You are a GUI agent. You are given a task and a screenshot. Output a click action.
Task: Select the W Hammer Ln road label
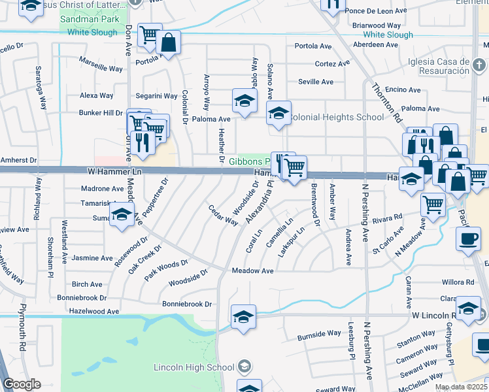[114, 171]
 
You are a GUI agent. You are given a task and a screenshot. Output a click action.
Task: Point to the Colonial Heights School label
[335, 118]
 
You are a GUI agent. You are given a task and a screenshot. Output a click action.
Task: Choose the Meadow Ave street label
[252, 270]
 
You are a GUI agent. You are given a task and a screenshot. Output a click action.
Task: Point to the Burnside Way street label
[319, 334]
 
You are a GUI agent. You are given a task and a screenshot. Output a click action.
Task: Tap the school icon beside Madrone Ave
[122, 214]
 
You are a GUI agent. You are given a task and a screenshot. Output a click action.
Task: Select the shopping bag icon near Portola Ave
[168, 43]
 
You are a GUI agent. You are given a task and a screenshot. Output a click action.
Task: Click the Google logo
[22, 384]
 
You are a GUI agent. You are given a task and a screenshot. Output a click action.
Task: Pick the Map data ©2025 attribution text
[461, 387]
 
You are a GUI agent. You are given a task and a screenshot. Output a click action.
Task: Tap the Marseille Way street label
[101, 68]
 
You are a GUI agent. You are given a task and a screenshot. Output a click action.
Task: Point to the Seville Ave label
[316, 82]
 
